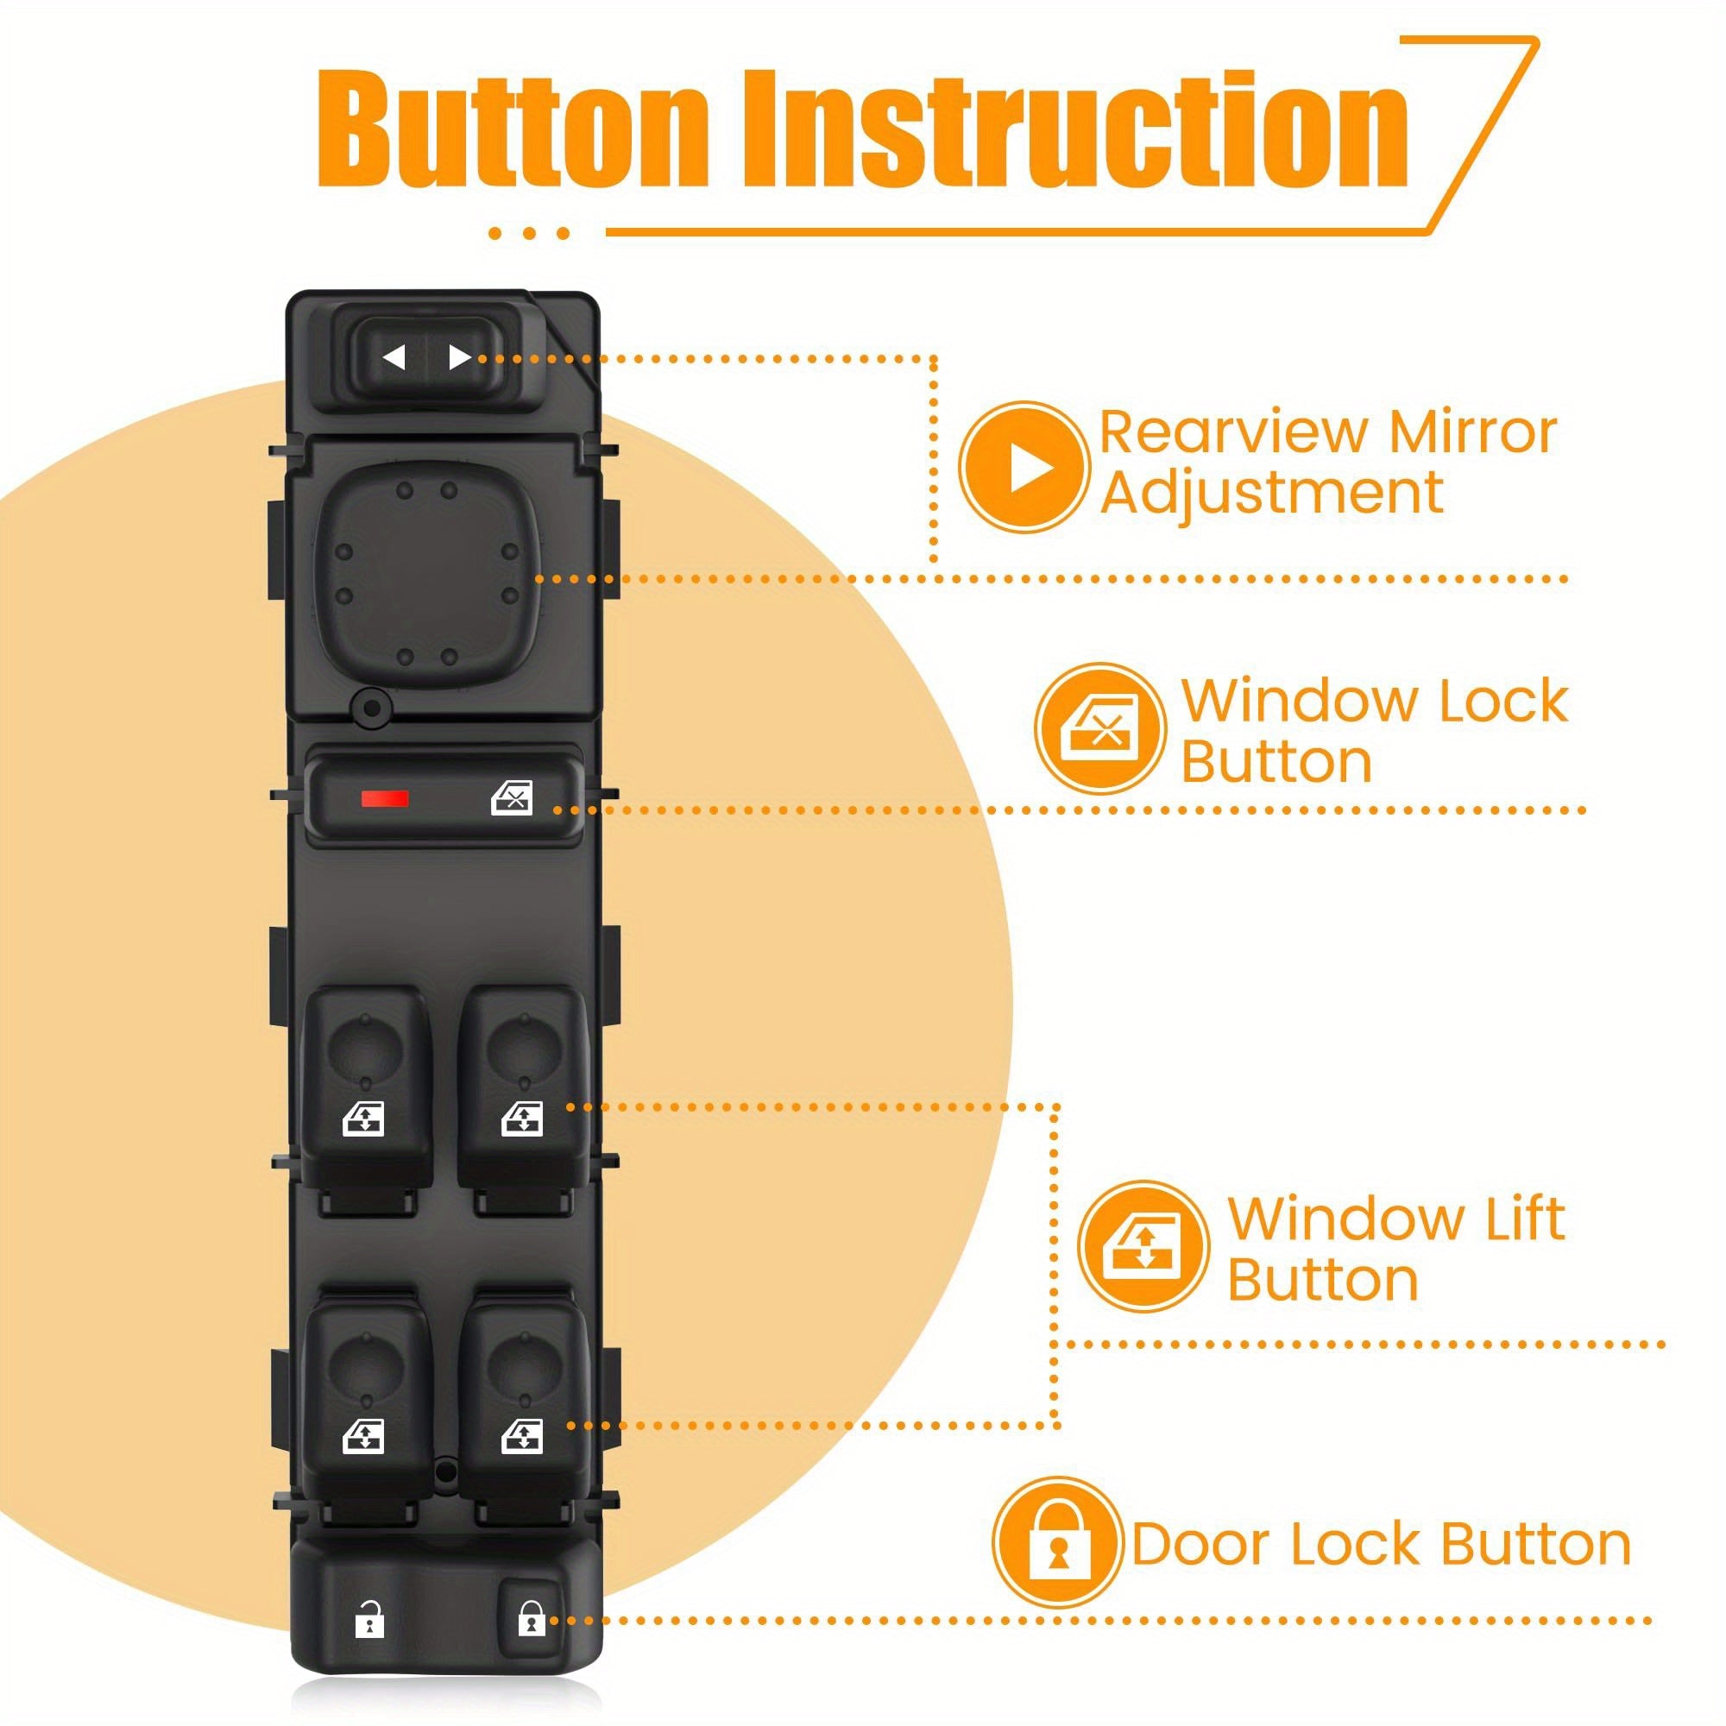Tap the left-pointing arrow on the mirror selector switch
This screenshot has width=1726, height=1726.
[x=394, y=357]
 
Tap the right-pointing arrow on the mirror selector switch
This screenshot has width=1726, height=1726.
[x=459, y=357]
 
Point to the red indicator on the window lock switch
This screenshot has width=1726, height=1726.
[x=385, y=797]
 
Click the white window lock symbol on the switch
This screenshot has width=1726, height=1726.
[x=512, y=798]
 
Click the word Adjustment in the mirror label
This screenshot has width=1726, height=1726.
[x=1271, y=493]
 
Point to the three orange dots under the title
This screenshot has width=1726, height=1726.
[x=529, y=233]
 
